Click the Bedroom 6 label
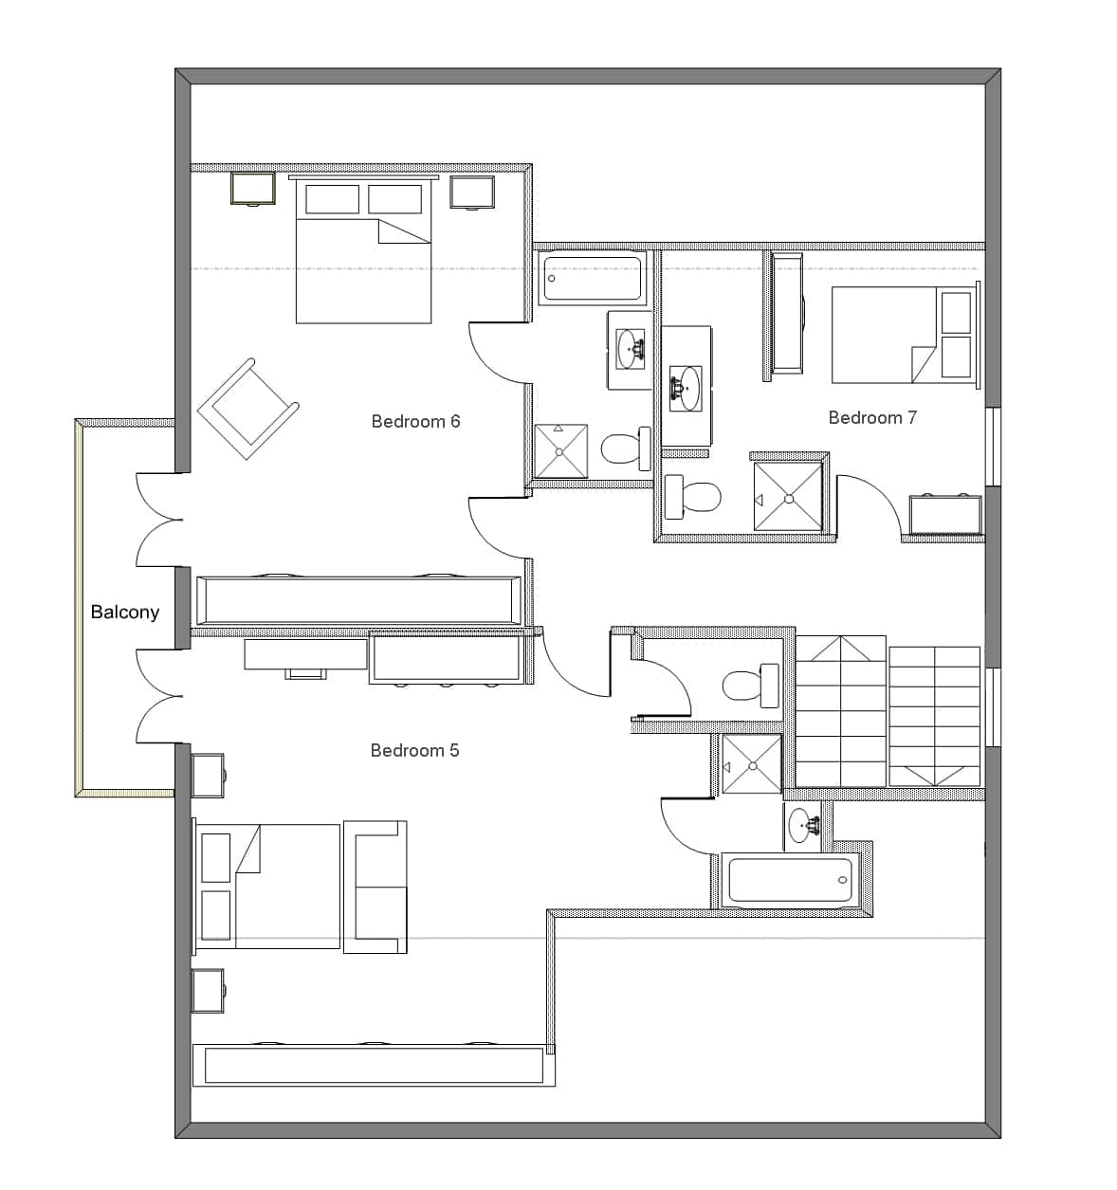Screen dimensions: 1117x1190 coord(415,421)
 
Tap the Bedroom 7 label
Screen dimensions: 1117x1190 coord(872,417)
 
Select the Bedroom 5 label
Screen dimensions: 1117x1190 coord(414,750)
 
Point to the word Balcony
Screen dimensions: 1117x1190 coord(124,612)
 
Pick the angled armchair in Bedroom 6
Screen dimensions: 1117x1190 coord(248,410)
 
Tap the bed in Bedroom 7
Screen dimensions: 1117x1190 coord(906,335)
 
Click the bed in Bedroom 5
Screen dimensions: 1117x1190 coord(266,887)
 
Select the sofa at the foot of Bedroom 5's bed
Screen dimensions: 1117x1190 coord(375,887)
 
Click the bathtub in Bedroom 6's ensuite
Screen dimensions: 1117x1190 coord(592,279)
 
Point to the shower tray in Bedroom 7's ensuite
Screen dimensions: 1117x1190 coord(788,496)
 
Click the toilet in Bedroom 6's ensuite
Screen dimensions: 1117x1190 coord(626,449)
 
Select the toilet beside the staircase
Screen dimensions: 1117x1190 coord(750,686)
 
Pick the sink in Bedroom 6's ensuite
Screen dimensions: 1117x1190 coord(631,348)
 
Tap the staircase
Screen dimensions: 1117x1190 coord(888,711)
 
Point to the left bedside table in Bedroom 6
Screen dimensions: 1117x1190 coord(253,189)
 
